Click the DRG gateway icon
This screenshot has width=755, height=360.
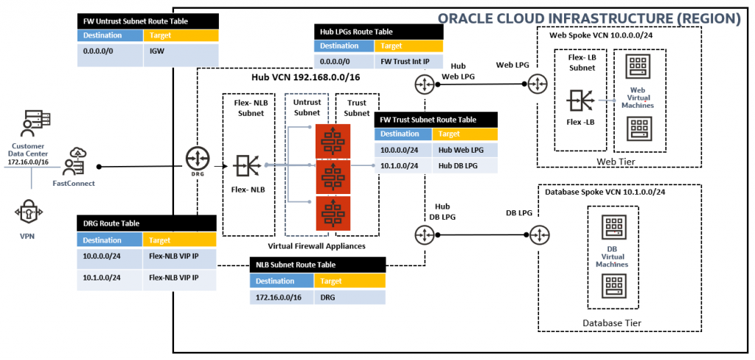click(x=197, y=159)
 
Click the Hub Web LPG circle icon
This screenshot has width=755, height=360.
click(x=425, y=85)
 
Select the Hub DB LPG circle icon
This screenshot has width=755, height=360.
click(x=425, y=235)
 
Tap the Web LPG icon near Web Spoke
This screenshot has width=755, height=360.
click(x=536, y=85)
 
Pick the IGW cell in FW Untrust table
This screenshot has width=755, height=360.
click(x=181, y=54)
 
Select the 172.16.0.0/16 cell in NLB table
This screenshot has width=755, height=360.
click(x=281, y=297)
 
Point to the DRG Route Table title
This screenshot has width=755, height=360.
click(x=111, y=223)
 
